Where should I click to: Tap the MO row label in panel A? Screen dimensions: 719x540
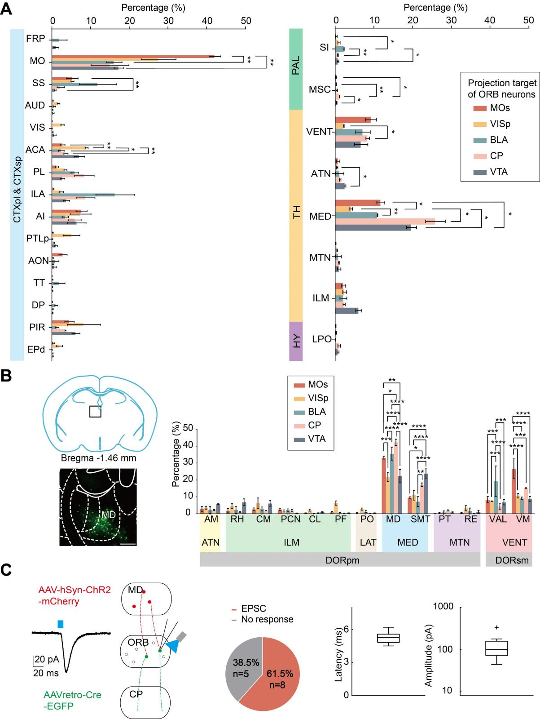[37, 61]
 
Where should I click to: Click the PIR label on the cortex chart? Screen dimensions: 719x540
[37, 327]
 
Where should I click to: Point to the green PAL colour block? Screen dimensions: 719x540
[296, 69]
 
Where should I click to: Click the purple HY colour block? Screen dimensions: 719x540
[296, 341]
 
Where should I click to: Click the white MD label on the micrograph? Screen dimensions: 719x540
[108, 514]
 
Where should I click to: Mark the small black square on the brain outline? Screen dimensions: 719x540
[95, 411]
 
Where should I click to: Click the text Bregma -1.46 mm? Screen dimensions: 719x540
[98, 458]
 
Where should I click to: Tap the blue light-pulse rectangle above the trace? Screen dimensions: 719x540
[61, 624]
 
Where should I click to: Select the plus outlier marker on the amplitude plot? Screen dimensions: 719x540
[496, 627]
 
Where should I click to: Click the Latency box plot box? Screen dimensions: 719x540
[388, 638]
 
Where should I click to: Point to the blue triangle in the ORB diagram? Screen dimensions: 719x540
[172, 646]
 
